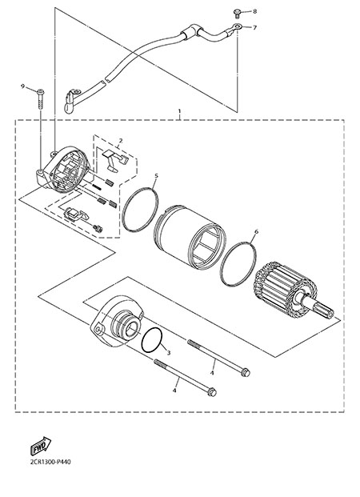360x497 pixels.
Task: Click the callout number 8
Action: click(x=254, y=11)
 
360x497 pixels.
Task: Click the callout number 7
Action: click(x=254, y=27)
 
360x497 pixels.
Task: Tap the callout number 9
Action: click(x=22, y=86)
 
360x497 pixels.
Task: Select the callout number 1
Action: click(x=180, y=111)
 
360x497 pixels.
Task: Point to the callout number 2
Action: click(x=121, y=140)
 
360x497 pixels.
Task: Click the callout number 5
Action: click(x=156, y=175)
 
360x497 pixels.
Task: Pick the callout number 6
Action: click(x=256, y=232)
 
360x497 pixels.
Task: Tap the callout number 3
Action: click(x=169, y=352)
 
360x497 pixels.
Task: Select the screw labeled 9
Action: click(x=41, y=99)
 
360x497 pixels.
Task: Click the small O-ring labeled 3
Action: click(x=152, y=340)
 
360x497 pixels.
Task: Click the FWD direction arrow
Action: click(x=41, y=446)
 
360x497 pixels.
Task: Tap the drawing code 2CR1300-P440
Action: click(x=50, y=462)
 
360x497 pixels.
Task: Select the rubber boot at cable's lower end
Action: click(x=69, y=103)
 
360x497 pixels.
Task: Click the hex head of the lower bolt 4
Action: click(x=212, y=392)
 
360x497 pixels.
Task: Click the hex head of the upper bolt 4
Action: click(x=246, y=372)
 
